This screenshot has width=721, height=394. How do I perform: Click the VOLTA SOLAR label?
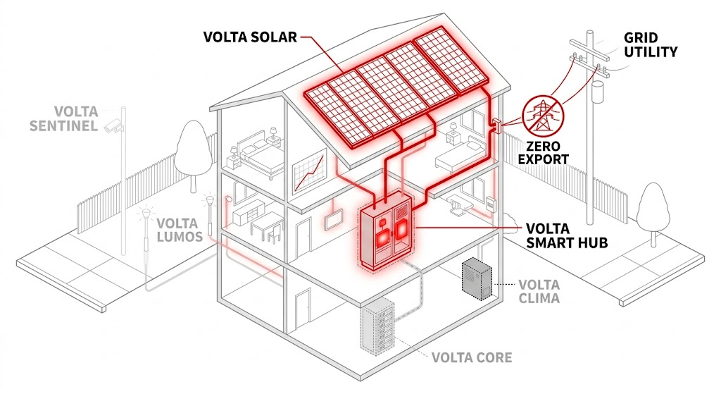point(249,37)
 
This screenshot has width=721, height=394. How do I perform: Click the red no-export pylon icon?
point(543,115)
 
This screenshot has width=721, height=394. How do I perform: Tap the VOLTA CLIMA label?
point(539,291)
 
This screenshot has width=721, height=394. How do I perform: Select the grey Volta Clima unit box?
point(477,279)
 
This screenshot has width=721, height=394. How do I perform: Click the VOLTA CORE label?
point(472,357)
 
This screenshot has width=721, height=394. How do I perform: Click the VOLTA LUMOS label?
point(180,230)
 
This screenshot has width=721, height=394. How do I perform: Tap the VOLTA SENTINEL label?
point(64,118)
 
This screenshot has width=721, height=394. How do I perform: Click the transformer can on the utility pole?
point(597,93)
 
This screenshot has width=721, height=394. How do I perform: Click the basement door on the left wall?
point(303,308)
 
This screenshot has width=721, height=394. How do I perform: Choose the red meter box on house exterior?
point(495,127)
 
